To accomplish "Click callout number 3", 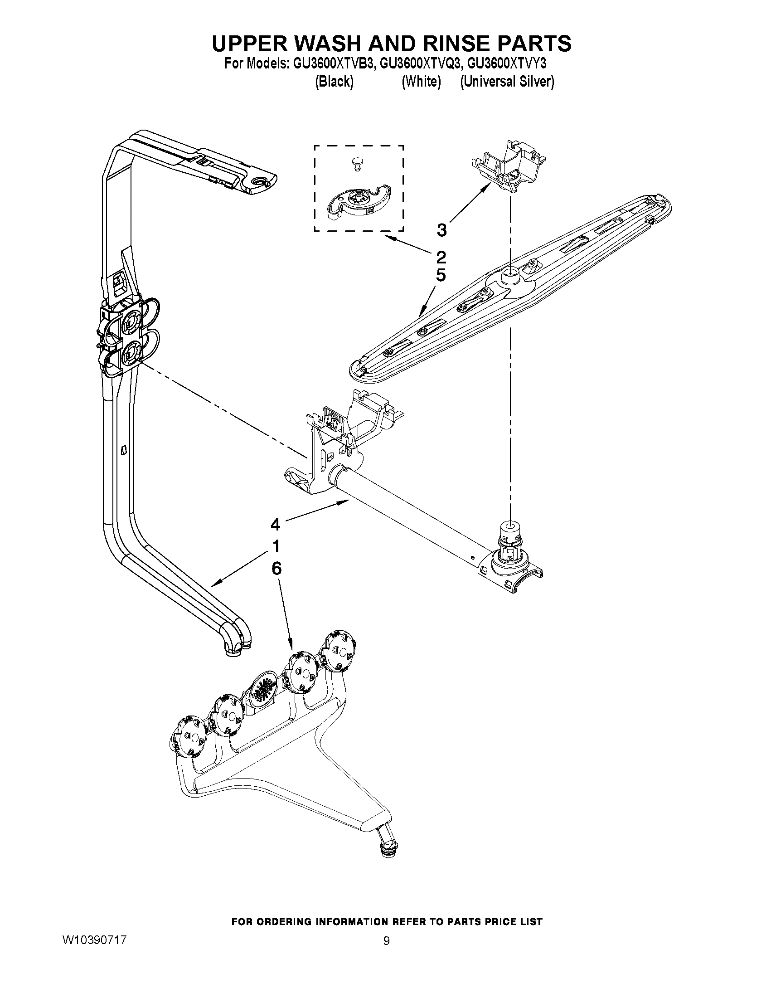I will click(441, 230).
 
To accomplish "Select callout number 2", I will click(441, 257).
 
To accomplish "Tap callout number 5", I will click(441, 276).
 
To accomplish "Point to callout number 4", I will click(275, 525).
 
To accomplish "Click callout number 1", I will click(276, 546).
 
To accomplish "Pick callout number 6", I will click(276, 568).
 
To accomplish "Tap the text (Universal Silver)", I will click(507, 82).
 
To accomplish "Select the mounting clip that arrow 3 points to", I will click(508, 168).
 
